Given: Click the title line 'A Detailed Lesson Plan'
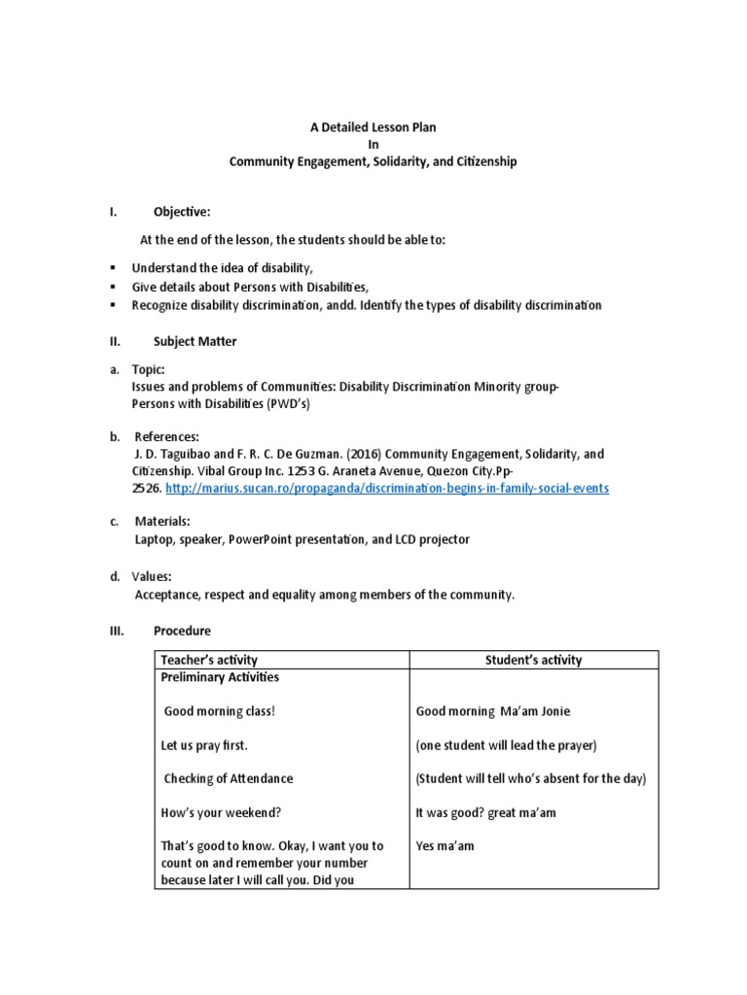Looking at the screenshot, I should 373,127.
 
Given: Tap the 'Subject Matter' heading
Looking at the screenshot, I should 195,341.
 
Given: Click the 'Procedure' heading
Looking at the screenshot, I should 181,631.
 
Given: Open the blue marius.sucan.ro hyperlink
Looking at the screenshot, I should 387,488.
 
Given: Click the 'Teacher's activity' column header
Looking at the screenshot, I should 209,660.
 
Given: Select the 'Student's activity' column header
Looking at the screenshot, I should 533,660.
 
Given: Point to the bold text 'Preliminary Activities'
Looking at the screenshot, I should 220,677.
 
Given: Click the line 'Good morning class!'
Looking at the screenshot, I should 220,711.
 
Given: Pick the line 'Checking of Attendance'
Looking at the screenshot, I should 228,778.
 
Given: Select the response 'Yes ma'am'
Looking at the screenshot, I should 444,845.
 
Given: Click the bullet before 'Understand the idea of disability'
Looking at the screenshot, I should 114,267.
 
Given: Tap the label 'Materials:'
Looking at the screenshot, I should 162,522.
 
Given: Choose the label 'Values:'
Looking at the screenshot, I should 153,577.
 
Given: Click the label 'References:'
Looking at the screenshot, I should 166,437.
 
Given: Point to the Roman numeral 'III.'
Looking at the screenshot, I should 117,631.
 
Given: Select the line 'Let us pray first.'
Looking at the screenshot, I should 204,745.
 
